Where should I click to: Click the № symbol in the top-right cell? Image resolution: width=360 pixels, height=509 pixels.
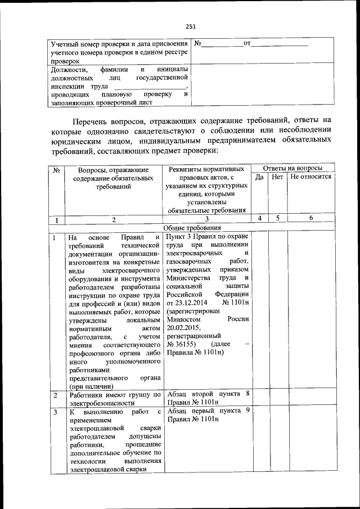197,43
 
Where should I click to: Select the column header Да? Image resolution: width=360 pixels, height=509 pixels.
259,177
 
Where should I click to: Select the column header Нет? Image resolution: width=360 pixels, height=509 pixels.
277,177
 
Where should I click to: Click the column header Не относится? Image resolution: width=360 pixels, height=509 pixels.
311,177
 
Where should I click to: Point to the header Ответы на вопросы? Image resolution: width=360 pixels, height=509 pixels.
292,168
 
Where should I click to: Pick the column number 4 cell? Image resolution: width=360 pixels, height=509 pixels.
259,218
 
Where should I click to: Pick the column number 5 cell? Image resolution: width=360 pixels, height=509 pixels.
277,218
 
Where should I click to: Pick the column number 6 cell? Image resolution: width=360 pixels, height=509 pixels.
311,218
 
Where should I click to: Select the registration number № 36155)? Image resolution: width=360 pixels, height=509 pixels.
181,344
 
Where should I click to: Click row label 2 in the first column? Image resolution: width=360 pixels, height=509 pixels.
55,396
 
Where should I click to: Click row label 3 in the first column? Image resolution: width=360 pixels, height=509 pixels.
55,412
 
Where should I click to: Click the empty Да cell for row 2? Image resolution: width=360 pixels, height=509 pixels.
259,399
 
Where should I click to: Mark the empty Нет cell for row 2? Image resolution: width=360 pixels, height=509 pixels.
277,399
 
